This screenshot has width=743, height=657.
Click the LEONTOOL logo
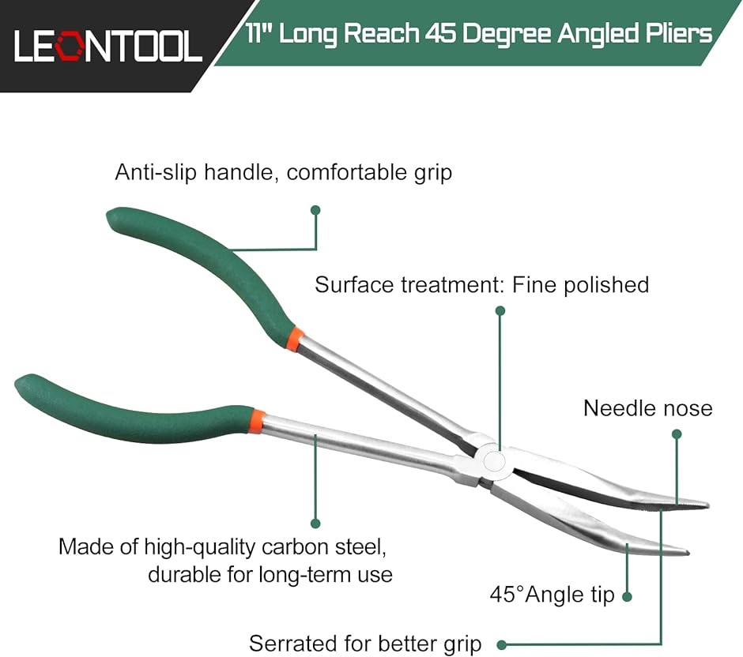tap(108, 46)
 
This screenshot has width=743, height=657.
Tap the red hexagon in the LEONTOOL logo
tap(70, 46)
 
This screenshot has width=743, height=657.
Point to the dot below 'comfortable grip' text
tap(315, 210)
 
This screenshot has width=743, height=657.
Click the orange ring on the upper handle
tap(295, 339)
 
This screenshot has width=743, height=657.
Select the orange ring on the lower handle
tap(256, 421)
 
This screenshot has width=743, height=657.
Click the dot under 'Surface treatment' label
tap(500, 310)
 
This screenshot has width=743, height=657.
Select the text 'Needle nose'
tap(648, 408)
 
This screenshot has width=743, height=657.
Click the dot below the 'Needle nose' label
tap(677, 434)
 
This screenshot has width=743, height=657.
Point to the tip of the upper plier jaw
tap(708, 505)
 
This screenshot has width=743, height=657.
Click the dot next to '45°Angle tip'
tap(627, 597)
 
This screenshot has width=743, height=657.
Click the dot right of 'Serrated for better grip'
tap(502, 644)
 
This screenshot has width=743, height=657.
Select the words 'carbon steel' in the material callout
tap(324, 546)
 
